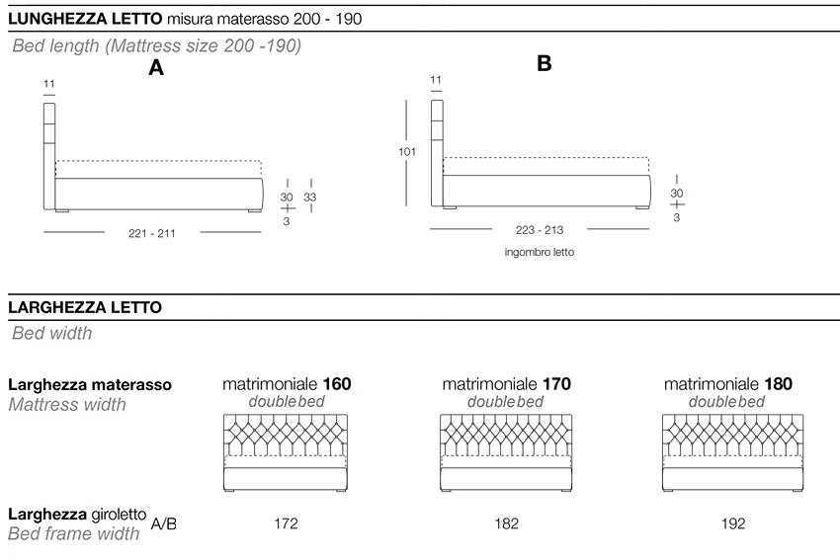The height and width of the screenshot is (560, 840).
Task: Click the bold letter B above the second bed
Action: (x=544, y=63)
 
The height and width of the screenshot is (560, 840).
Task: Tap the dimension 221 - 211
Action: (x=152, y=233)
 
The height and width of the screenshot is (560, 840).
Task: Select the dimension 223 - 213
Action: (x=540, y=230)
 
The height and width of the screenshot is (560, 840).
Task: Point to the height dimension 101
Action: (x=407, y=152)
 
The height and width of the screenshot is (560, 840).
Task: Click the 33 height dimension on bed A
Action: (x=310, y=197)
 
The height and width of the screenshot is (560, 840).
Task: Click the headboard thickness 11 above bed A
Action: (x=49, y=85)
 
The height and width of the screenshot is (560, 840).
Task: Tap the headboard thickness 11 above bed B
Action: (x=436, y=80)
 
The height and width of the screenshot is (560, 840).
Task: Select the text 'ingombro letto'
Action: (x=539, y=253)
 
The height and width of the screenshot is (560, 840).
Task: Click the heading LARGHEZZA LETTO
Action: (x=84, y=308)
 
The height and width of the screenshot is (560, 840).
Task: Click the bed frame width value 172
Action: (x=286, y=523)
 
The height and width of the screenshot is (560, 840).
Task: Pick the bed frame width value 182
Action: (x=506, y=523)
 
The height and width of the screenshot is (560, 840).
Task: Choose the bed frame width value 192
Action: (x=733, y=523)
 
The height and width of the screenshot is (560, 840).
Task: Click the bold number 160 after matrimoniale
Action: (x=335, y=384)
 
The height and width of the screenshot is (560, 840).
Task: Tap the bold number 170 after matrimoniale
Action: (x=556, y=384)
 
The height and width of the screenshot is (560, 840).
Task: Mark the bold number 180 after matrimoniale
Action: (x=778, y=384)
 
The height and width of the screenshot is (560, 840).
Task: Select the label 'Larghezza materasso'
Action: (x=90, y=384)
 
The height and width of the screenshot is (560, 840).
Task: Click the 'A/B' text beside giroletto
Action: (x=164, y=522)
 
